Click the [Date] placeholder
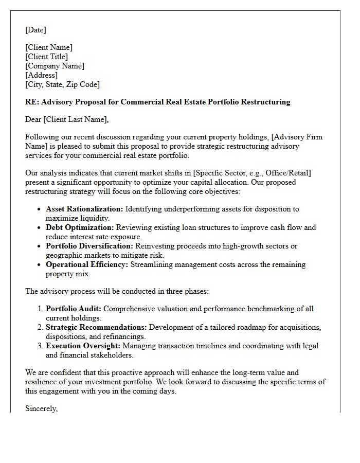35,30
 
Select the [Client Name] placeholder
49,47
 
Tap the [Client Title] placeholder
46,57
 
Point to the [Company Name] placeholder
55,66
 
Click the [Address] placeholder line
41,75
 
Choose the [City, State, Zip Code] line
62,84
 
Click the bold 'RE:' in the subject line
32,102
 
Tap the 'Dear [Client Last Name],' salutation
67,119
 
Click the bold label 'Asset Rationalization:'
84,209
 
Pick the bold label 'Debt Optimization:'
80,227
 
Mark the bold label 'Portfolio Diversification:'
90,246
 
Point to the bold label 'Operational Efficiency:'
87,264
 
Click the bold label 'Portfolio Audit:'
73,309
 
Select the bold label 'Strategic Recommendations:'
96,327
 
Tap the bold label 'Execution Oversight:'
82,346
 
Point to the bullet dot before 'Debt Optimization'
40,228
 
